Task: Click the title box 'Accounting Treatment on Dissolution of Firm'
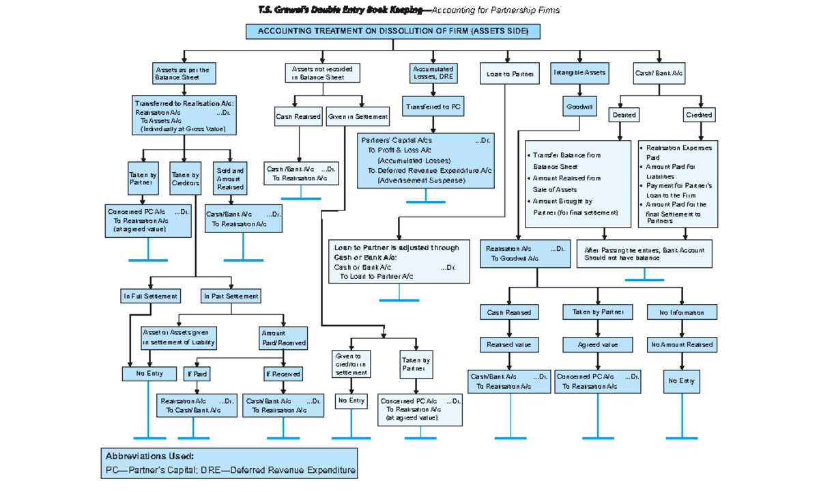(392, 31)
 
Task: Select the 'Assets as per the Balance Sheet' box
(182, 74)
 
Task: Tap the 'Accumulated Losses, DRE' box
(433, 73)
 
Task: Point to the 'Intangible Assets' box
(579, 72)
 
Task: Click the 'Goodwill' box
(579, 107)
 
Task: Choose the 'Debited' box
(624, 115)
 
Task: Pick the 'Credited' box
(699, 115)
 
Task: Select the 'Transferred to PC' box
(433, 107)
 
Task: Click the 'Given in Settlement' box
(358, 117)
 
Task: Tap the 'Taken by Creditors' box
(185, 179)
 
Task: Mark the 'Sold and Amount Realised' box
(230, 179)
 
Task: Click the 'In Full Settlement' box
(150, 297)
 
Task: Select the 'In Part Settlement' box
(231, 297)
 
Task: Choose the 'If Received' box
(283, 374)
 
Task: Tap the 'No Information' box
(682, 312)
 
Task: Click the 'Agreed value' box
(598, 345)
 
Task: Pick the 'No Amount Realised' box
(682, 345)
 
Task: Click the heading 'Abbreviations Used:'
(149, 456)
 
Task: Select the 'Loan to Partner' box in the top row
(510, 73)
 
